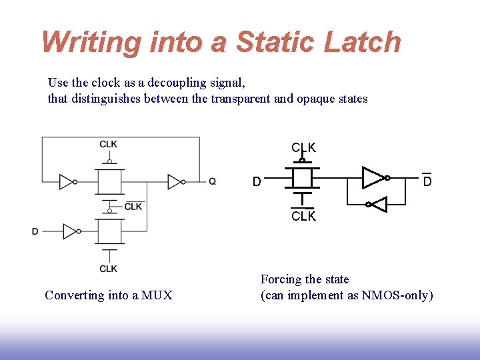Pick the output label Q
[x=212, y=181]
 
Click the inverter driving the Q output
[x=175, y=181]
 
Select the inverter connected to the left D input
[x=69, y=231]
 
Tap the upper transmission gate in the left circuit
[x=109, y=181]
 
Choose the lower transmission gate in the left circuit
[x=109, y=231]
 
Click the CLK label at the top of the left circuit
[x=109, y=144]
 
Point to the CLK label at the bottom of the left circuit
[x=109, y=268]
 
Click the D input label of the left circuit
[x=35, y=231]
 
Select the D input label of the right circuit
[x=257, y=181]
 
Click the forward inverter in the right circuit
[x=373, y=177]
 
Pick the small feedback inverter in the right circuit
[x=378, y=205]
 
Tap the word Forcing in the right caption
[x=281, y=279]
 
